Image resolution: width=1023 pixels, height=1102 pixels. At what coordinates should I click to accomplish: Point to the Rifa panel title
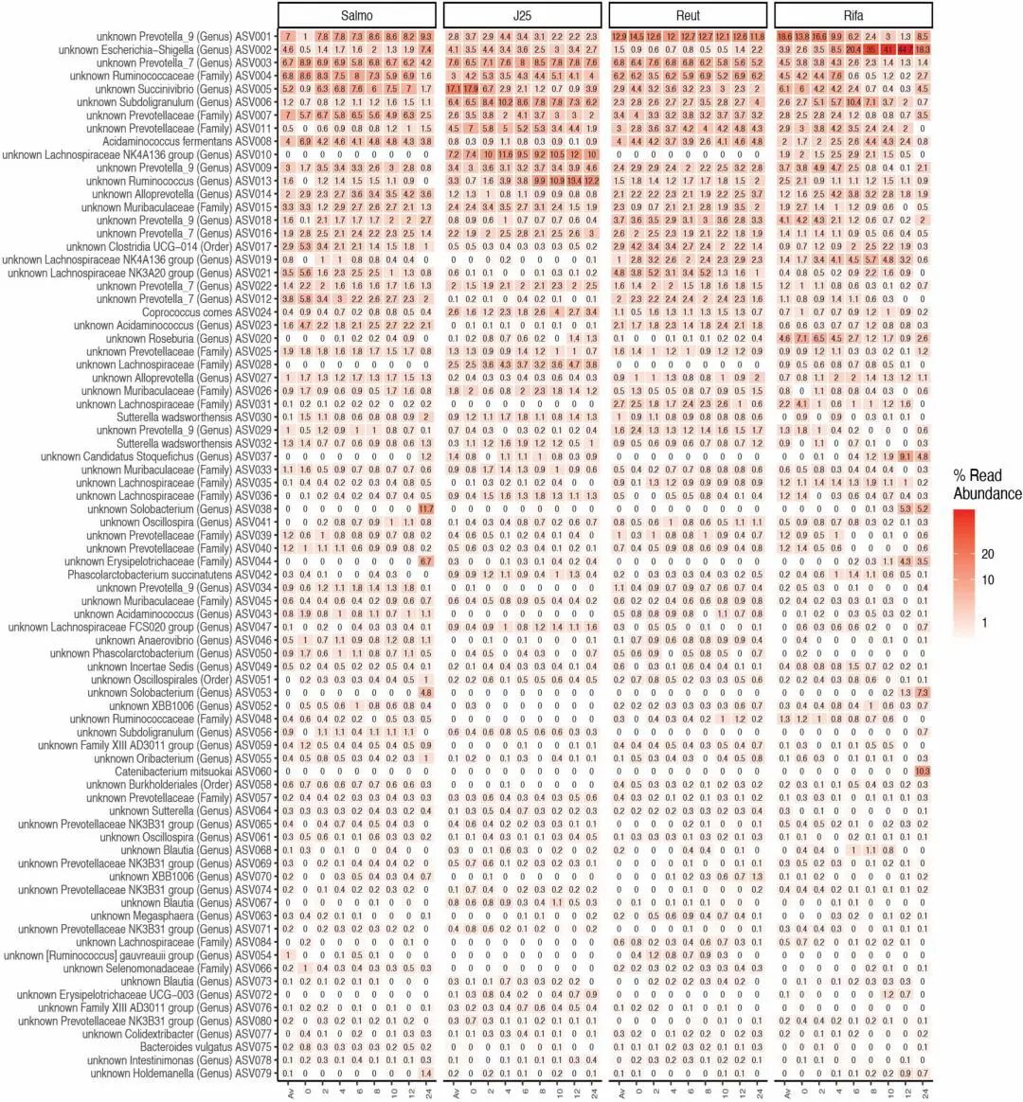coord(853,15)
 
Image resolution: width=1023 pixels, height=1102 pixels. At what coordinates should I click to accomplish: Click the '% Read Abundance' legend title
coord(986,485)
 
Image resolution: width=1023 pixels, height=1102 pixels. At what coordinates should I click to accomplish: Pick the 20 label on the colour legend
coord(987,555)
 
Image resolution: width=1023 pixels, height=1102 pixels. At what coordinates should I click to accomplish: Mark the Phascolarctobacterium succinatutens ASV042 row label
coord(170,575)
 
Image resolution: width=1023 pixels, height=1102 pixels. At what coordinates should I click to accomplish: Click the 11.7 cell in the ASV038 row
coord(425,508)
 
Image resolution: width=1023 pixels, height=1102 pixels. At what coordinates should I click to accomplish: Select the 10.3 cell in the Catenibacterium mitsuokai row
coord(922,772)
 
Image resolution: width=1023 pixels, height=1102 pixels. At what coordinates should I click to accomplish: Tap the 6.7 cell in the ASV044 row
coord(425,561)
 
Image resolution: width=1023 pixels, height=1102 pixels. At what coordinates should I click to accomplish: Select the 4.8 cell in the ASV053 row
coord(425,692)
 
